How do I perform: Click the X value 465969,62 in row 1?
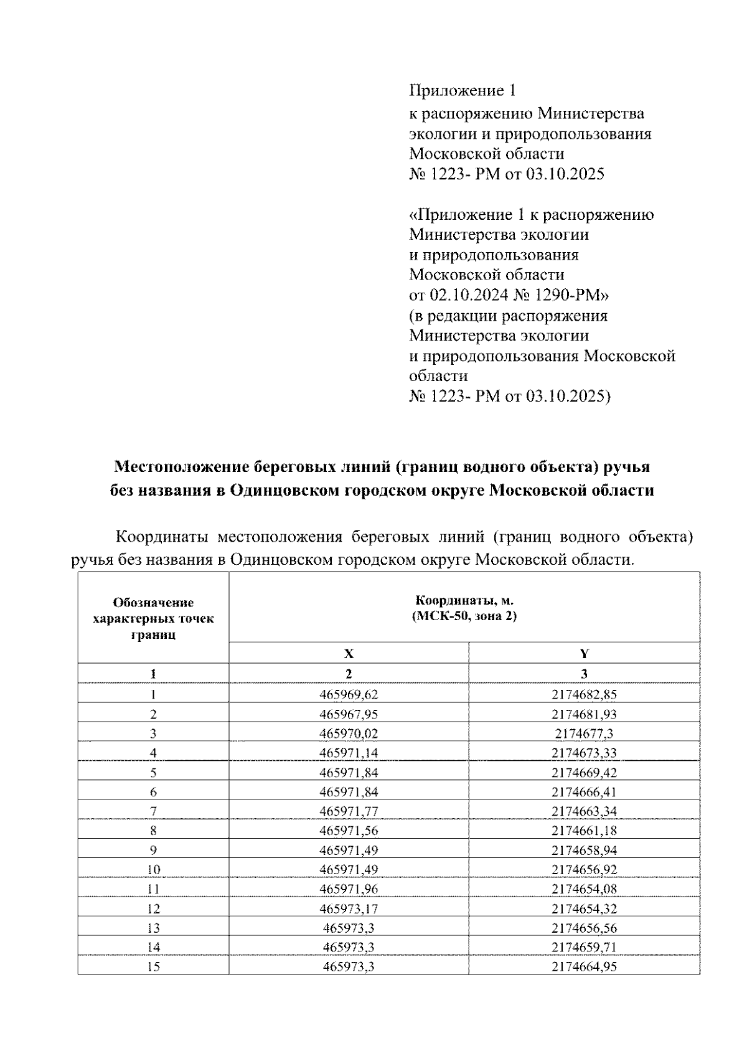pos(349,694)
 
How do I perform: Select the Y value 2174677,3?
pos(584,733)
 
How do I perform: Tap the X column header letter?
pos(349,653)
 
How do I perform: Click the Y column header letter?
pos(584,653)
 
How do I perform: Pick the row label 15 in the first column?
pos(153,966)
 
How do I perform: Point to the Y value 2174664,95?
pos(584,966)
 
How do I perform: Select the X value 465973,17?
pos(349,908)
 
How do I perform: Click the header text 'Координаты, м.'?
pos(464,601)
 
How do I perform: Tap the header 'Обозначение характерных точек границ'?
pos(153,618)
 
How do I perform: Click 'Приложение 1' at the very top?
pos(463,91)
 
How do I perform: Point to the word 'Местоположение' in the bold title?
pos(182,467)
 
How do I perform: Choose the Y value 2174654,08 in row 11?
pos(584,889)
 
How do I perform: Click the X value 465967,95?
pos(349,714)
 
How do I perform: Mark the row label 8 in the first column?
pos(153,831)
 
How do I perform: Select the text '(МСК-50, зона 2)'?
pos(464,617)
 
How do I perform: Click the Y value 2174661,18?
pos(584,831)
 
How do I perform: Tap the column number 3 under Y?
pos(584,673)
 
